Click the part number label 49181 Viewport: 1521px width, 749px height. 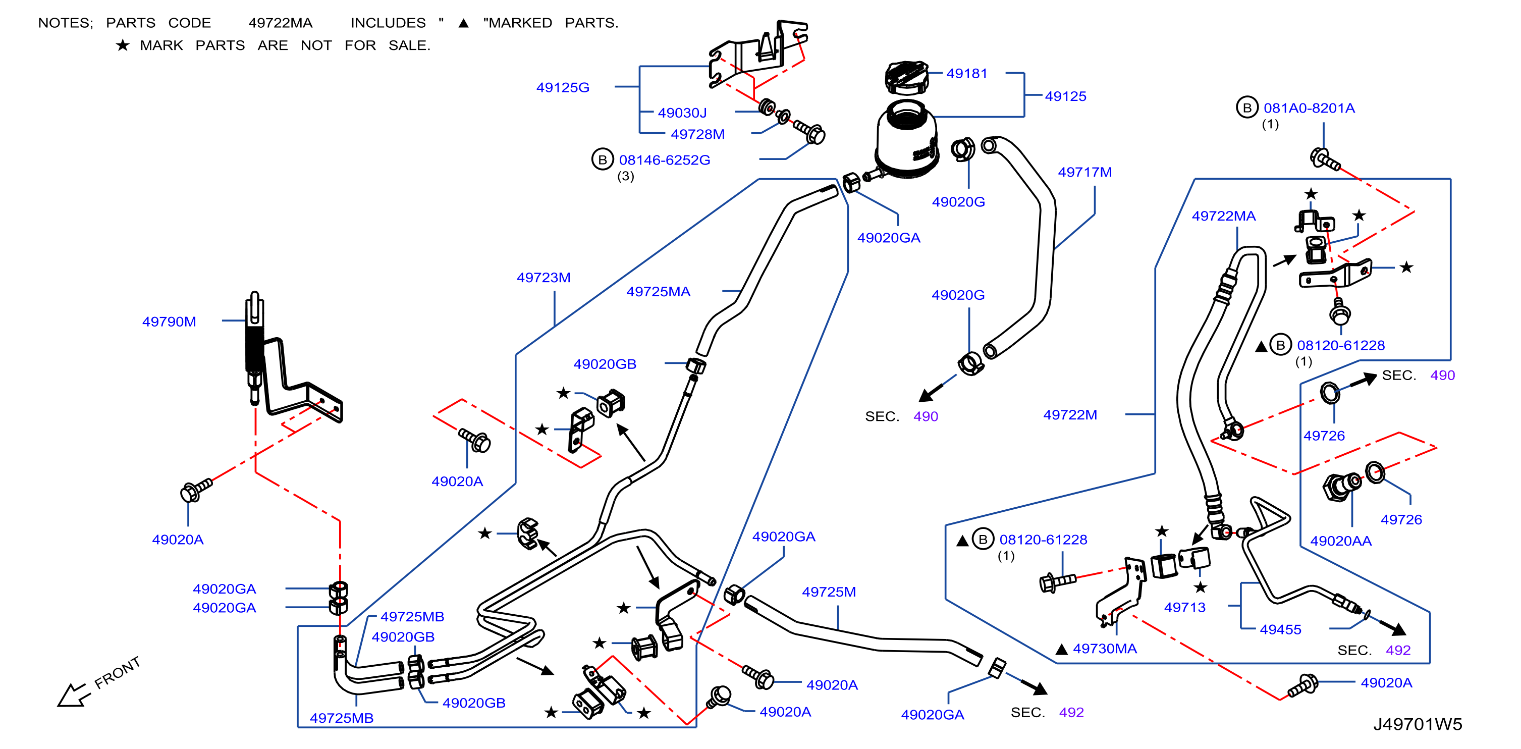pos(966,73)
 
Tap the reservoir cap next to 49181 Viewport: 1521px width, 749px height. pos(906,77)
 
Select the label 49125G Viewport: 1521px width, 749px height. pos(563,87)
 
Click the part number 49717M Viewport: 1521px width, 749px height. pos(1084,172)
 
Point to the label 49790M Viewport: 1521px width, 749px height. pos(169,322)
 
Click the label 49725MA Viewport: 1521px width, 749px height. pos(659,291)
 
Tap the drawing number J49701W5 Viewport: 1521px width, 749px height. pos(1418,724)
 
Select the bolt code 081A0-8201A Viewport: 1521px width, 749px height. pos(1309,108)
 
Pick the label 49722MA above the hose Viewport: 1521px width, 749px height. pos(1223,216)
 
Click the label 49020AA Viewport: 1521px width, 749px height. pos(1341,541)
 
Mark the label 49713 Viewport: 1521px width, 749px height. pos(1184,607)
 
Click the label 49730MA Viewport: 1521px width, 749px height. pos(1105,649)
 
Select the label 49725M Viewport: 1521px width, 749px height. pos(829,592)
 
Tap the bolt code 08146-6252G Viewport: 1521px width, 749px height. pos(664,159)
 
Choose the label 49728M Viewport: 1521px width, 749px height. pos(697,134)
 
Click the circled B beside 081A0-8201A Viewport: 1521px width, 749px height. pos(1247,108)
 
